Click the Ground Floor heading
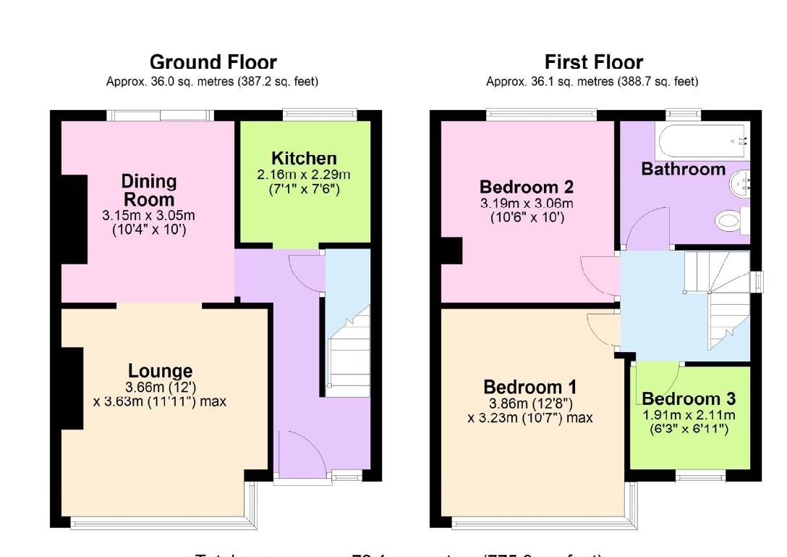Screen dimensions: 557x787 [x=213, y=62]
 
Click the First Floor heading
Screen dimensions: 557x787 [x=593, y=62]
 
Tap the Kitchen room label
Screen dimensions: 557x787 [x=304, y=159]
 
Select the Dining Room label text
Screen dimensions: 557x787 [x=148, y=190]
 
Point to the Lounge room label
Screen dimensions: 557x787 [x=161, y=372]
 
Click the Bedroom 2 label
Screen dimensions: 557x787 [x=527, y=188]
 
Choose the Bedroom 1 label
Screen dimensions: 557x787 [x=530, y=386]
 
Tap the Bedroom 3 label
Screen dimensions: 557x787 [x=689, y=398]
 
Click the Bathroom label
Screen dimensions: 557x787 [x=683, y=169]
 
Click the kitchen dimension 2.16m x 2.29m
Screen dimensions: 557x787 [x=304, y=175]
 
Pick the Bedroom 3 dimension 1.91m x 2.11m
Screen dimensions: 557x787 [x=689, y=415]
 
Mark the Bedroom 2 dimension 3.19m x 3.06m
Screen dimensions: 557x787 [x=527, y=204]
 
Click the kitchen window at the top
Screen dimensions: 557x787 [x=319, y=114]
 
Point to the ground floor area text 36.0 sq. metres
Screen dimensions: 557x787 [x=212, y=82]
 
